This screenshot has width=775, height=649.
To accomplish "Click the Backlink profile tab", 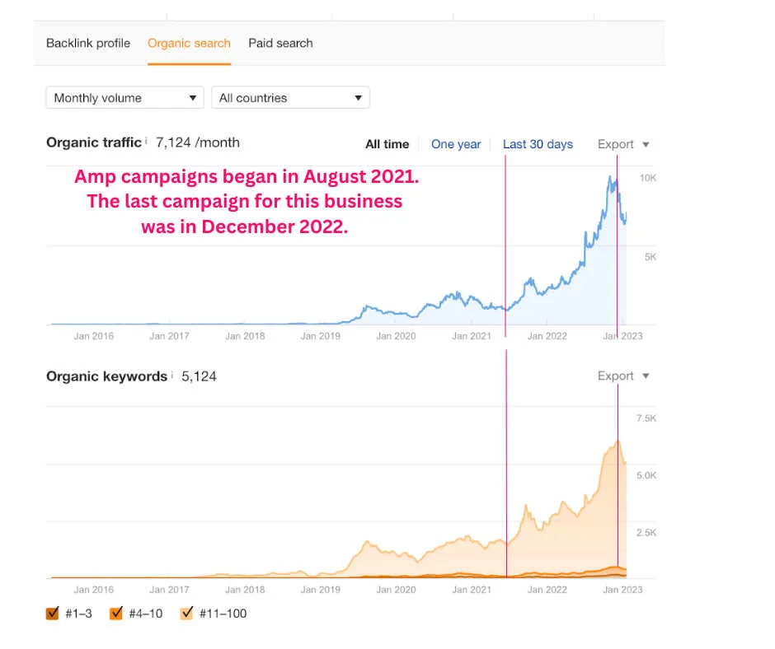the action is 88,44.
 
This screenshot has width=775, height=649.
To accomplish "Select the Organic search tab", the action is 189,44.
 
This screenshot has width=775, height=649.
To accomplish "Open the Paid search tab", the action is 280,44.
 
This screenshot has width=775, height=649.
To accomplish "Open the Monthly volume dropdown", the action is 124,98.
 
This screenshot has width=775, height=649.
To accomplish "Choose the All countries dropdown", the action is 290,98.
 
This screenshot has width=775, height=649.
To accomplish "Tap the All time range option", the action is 387,144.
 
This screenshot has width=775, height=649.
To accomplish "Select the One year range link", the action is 456,144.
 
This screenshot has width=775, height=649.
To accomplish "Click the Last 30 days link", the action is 538,144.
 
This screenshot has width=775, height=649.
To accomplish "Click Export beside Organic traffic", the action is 622,144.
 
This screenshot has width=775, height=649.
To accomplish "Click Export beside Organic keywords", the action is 622,376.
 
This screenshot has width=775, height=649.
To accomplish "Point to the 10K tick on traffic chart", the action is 647,178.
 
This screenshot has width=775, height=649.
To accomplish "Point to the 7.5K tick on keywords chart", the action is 646,418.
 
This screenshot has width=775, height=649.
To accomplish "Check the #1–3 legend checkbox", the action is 53,613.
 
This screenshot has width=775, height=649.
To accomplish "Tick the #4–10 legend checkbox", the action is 116,613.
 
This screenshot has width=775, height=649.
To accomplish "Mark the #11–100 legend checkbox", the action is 186,613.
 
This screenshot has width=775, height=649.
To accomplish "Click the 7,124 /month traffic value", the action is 198,142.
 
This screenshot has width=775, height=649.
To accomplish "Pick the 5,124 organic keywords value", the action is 199,376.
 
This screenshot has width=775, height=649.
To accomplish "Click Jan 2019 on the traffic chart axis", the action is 320,336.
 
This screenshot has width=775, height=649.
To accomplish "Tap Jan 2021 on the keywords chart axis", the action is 472,590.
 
